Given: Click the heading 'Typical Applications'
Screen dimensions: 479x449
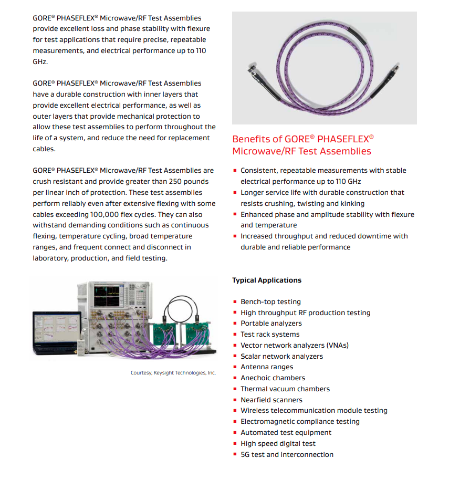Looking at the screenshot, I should pos(267,280).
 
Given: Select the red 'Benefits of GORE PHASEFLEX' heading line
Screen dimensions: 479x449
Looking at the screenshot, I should pos(303,139).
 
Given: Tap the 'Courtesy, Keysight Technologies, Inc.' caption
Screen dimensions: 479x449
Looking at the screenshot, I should pos(173,373).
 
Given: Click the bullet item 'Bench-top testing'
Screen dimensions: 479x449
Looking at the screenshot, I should pos(270,302).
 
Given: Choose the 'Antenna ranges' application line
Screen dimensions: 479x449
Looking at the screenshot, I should pos(267,367).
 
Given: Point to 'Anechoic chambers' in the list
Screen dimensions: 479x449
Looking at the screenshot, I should pos(273,378).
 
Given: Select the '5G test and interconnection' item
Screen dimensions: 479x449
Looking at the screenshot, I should pos(287,455).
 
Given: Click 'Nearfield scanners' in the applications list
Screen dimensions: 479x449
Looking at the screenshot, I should pos(272,400).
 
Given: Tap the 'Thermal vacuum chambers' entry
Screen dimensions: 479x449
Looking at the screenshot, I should pos(285,389).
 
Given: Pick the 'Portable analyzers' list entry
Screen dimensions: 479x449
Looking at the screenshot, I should pos(271,324).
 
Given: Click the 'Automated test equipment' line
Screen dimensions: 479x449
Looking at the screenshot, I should pos(286,433).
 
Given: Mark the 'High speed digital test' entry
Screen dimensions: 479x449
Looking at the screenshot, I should pos(278,444).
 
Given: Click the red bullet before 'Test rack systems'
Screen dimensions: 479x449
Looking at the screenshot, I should pos(235,335).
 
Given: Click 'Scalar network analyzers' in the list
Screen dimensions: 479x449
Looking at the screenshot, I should pos(281,357).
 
